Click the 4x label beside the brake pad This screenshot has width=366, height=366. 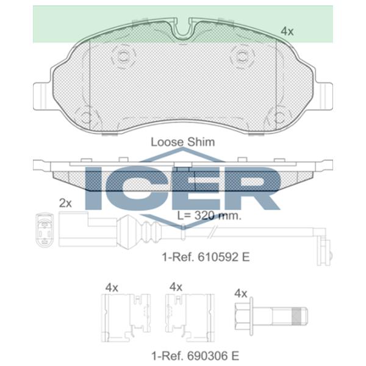click(x=287, y=30)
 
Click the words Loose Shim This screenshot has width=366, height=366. click(x=182, y=142)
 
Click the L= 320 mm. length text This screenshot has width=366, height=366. click(x=209, y=215)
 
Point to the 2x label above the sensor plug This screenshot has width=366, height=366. click(x=65, y=203)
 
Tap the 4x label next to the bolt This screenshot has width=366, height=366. click(x=240, y=293)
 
